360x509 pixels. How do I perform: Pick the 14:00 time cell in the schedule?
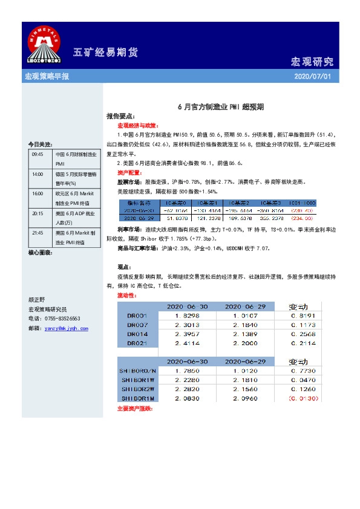(38, 174)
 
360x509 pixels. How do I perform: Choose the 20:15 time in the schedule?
(38, 213)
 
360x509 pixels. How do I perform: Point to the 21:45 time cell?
(38, 233)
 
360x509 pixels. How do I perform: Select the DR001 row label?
(137, 316)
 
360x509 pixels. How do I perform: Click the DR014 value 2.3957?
(188, 334)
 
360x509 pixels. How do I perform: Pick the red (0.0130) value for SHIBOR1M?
(305, 399)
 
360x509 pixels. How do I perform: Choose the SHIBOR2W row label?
(137, 390)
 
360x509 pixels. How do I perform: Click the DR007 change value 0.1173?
(305, 325)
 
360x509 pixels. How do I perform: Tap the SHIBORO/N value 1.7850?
(188, 371)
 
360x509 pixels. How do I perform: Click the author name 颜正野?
(38, 299)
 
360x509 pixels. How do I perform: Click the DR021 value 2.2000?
(246, 343)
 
